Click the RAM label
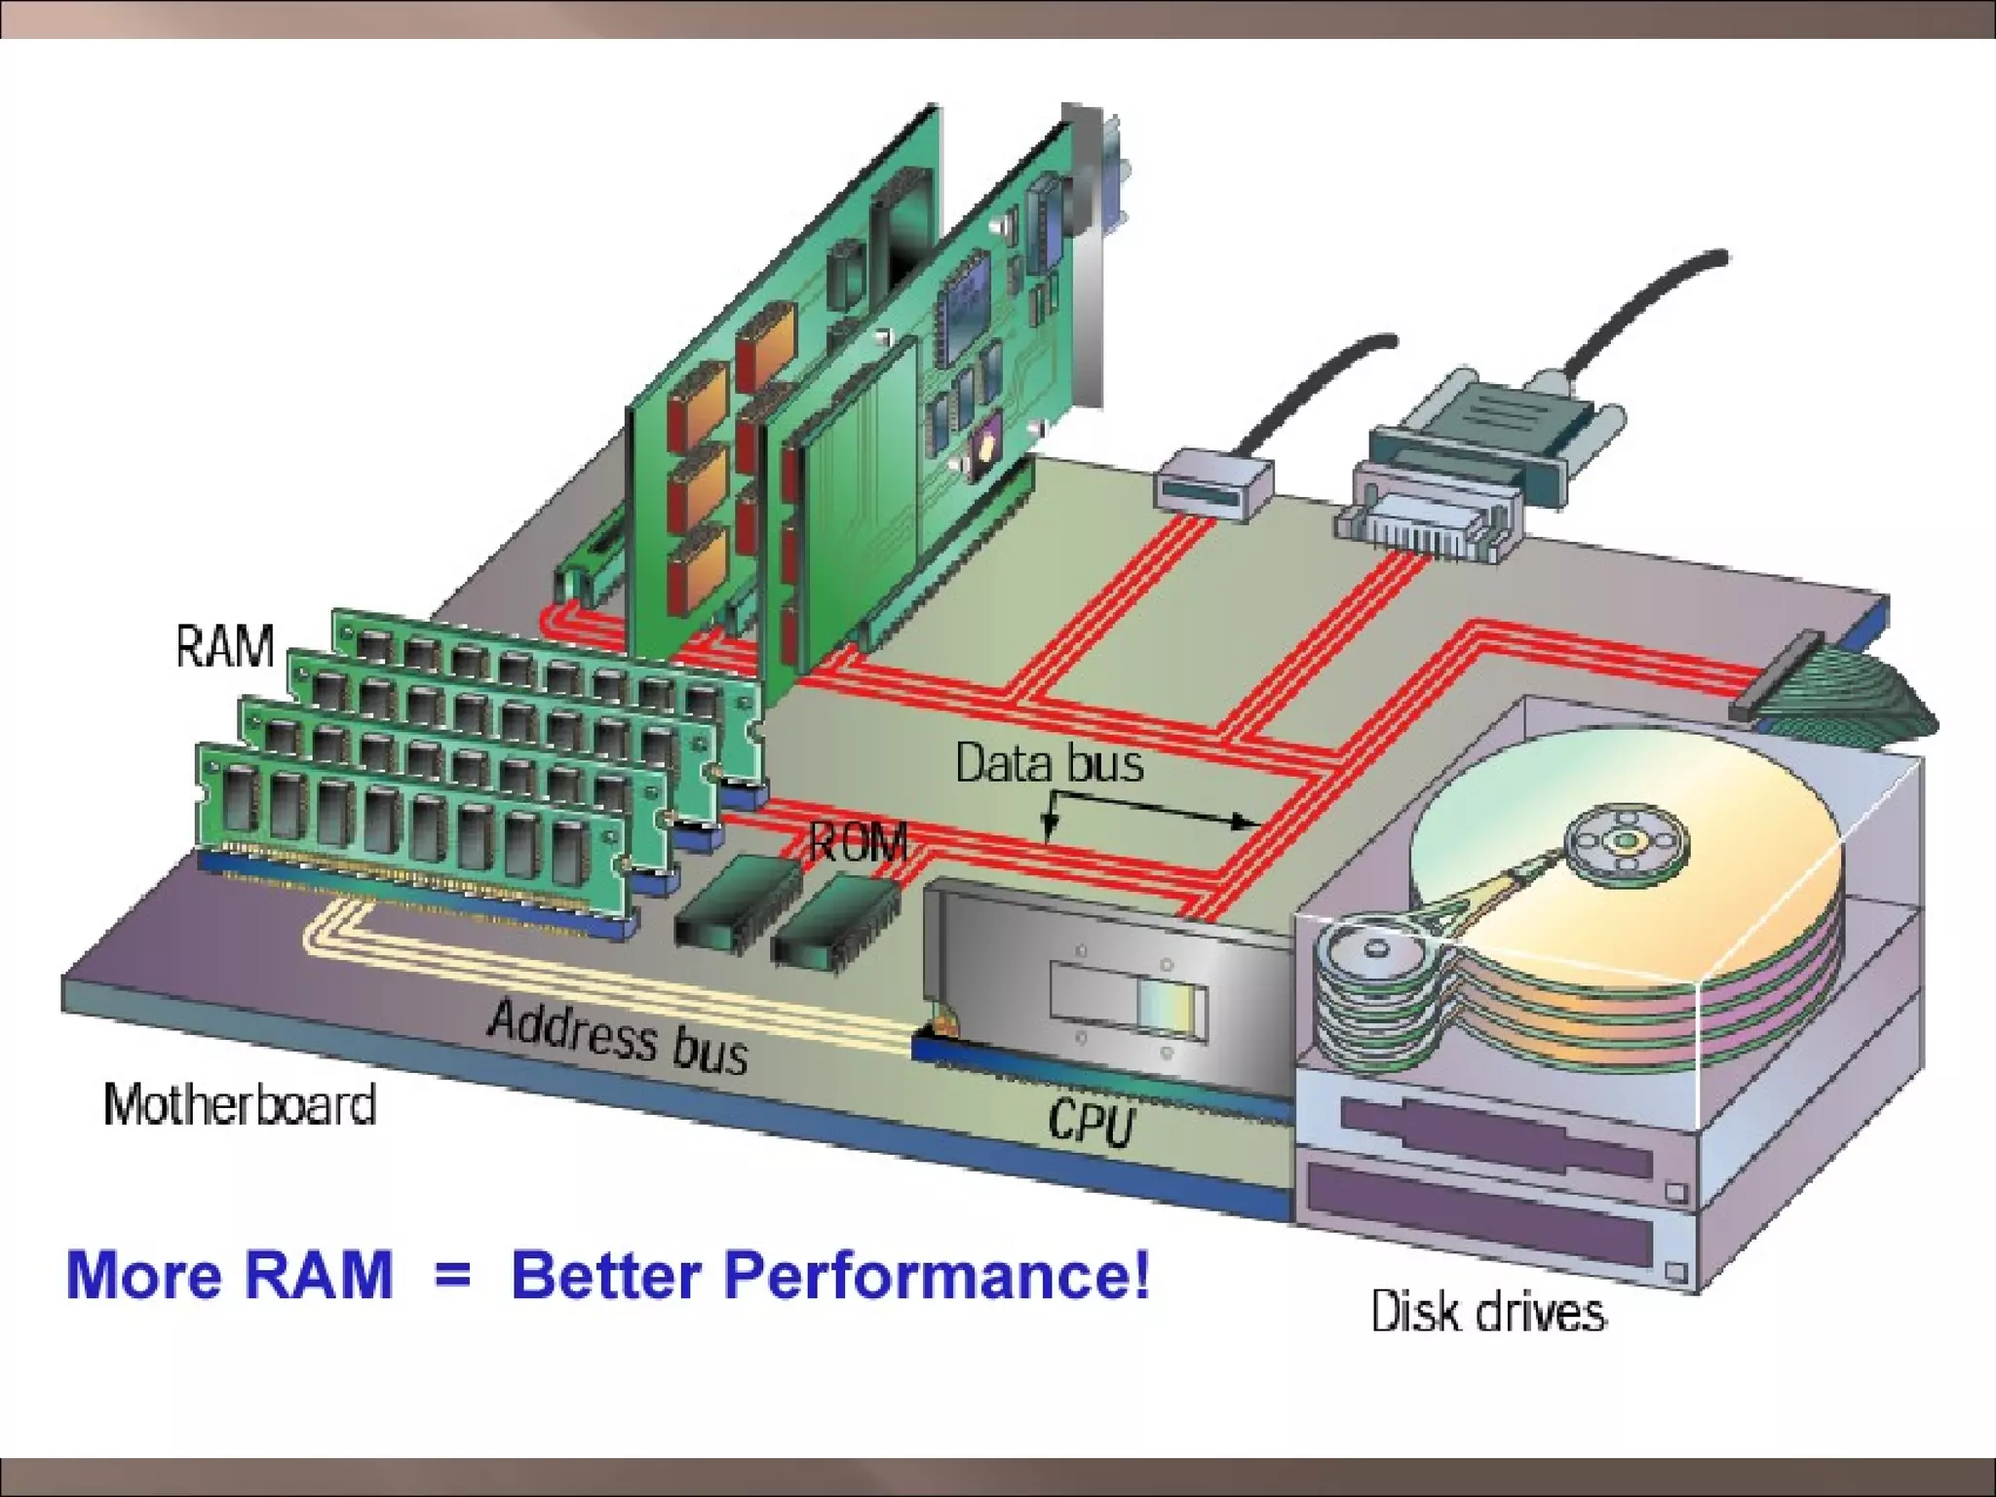(x=225, y=646)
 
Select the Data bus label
(x=1049, y=762)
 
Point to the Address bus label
(x=618, y=1037)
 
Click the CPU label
(x=1092, y=1122)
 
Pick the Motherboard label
(x=240, y=1105)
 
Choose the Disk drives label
(x=1487, y=1312)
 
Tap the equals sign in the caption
(x=452, y=1275)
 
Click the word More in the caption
(x=142, y=1275)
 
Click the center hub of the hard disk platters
(x=1625, y=841)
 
